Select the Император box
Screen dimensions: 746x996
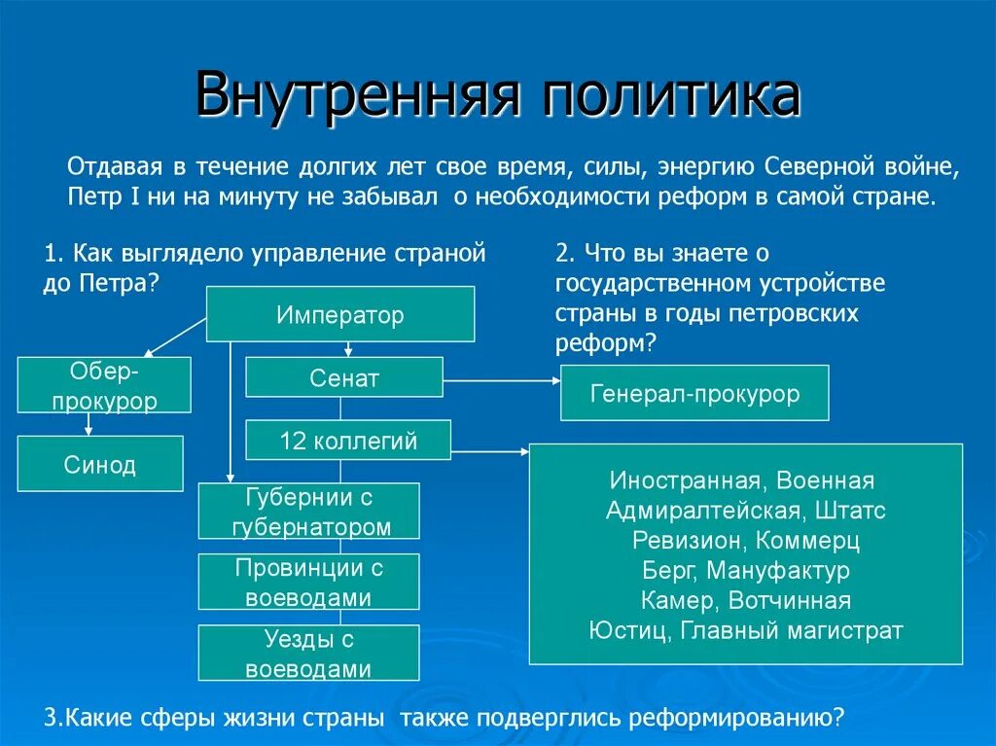coord(339,314)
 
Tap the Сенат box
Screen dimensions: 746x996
coord(343,377)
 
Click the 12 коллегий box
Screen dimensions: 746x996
coord(347,440)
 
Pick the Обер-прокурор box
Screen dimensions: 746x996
coord(104,385)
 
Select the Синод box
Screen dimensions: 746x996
coord(100,464)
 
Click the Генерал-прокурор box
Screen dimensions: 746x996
coord(694,393)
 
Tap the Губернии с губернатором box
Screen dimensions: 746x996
coord(309,512)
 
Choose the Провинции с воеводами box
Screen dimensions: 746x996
coord(309,582)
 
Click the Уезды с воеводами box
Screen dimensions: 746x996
coord(309,653)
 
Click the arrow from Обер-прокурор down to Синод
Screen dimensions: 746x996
coord(89,424)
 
